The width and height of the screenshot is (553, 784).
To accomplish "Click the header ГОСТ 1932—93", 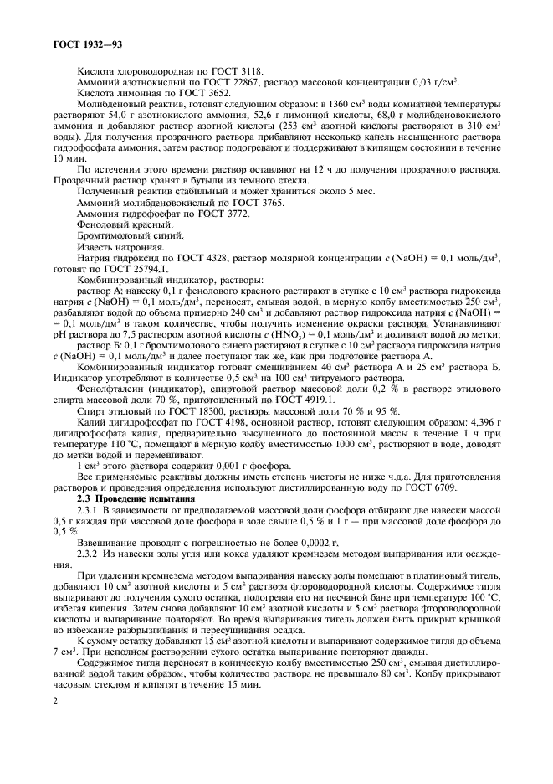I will click(81, 39).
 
